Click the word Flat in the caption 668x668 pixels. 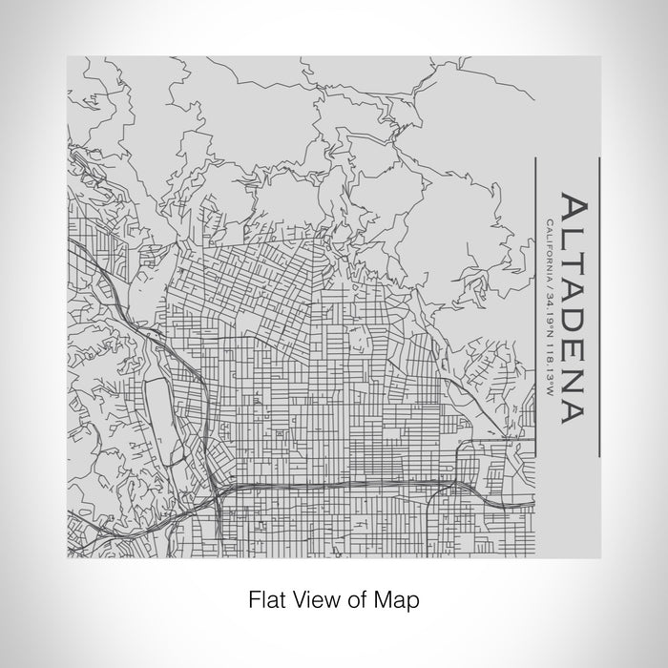(x=266, y=601)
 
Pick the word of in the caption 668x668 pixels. (x=353, y=601)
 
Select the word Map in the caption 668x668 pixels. (x=395, y=601)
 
